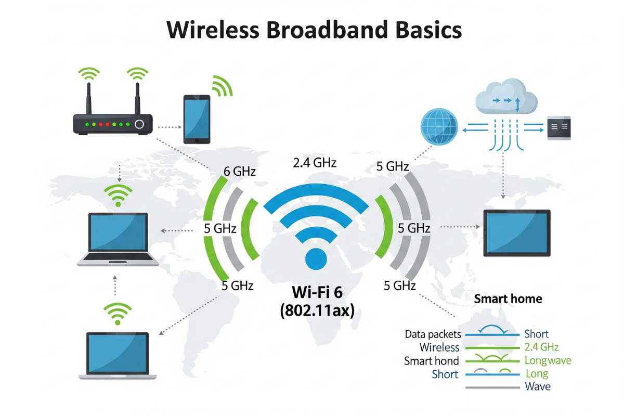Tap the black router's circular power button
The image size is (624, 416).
click(x=139, y=124)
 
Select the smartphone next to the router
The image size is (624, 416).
click(x=197, y=119)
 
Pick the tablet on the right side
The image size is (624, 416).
click(x=517, y=232)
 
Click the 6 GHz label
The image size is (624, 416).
click(x=239, y=171)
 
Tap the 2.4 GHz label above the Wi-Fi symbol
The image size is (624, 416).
click(x=315, y=163)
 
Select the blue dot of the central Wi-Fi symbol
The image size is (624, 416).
click(x=315, y=258)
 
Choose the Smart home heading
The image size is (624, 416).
click(x=508, y=299)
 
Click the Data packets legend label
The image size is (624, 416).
click(x=433, y=334)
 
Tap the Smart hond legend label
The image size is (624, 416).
click(x=431, y=361)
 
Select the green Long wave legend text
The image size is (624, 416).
click(x=548, y=360)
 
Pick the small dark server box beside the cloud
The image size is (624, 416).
click(x=559, y=127)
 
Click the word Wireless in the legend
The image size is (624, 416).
click(x=439, y=347)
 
